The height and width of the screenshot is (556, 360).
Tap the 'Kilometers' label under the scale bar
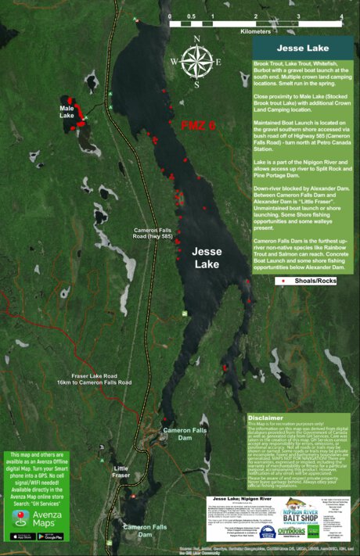click(x=256, y=31)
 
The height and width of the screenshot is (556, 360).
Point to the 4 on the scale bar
click(x=341, y=16)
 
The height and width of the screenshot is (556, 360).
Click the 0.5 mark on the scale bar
click(x=192, y=16)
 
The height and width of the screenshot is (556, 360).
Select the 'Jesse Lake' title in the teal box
click(x=301, y=48)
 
